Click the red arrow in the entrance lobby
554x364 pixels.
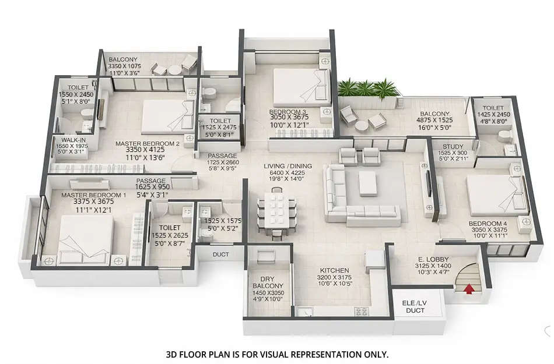[x=468, y=288]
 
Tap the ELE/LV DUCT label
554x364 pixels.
[x=415, y=306]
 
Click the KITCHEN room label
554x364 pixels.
[x=334, y=270]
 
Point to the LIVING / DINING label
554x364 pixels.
[x=287, y=166]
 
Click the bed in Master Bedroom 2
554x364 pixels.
[x=166, y=112]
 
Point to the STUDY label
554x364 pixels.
[x=453, y=147]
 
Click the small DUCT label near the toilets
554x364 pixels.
[x=221, y=255]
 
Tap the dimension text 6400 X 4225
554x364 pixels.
[x=287, y=173]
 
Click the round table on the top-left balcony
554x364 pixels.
[x=173, y=70]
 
